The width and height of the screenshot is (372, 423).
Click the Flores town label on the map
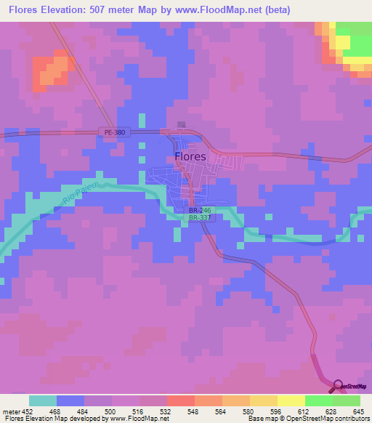(190, 156)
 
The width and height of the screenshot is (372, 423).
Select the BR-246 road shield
(200, 209)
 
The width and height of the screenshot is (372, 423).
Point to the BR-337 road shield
(200, 217)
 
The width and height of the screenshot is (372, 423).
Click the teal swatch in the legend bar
(43, 400)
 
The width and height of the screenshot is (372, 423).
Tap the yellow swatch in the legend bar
(291, 400)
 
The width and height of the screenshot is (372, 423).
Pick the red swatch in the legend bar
(180, 400)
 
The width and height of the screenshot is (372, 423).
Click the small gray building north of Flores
(181, 124)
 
